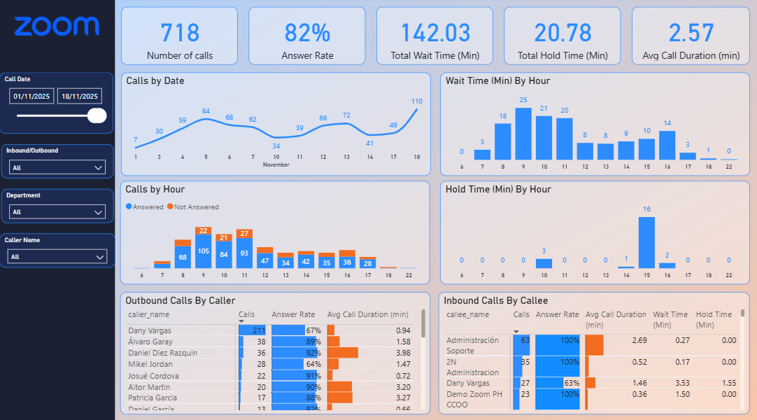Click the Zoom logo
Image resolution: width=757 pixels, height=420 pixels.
pyautogui.click(x=57, y=27)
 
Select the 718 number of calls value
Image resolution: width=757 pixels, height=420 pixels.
pyautogui.click(x=180, y=33)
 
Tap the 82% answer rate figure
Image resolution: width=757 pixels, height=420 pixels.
pyautogui.click(x=307, y=33)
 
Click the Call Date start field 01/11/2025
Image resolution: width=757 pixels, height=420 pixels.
pyautogui.click(x=31, y=97)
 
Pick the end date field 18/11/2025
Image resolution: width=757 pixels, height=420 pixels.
pyautogui.click(x=79, y=97)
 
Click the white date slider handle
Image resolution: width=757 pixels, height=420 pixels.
pyautogui.click(x=97, y=115)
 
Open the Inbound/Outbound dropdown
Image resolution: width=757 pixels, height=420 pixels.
pyautogui.click(x=57, y=167)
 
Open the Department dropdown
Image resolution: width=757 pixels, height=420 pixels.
pyautogui.click(x=57, y=211)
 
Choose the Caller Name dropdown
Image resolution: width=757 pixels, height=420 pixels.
pyautogui.click(x=57, y=257)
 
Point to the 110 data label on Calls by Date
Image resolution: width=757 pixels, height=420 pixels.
pyautogui.click(x=417, y=101)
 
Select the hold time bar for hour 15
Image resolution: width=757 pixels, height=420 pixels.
pyautogui.click(x=646, y=242)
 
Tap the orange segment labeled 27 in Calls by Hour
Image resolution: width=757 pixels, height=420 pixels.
pyautogui.click(x=244, y=233)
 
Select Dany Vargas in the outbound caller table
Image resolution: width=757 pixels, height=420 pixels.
pyautogui.click(x=150, y=330)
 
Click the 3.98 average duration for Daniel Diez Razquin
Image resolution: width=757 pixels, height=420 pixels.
pyautogui.click(x=402, y=353)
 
